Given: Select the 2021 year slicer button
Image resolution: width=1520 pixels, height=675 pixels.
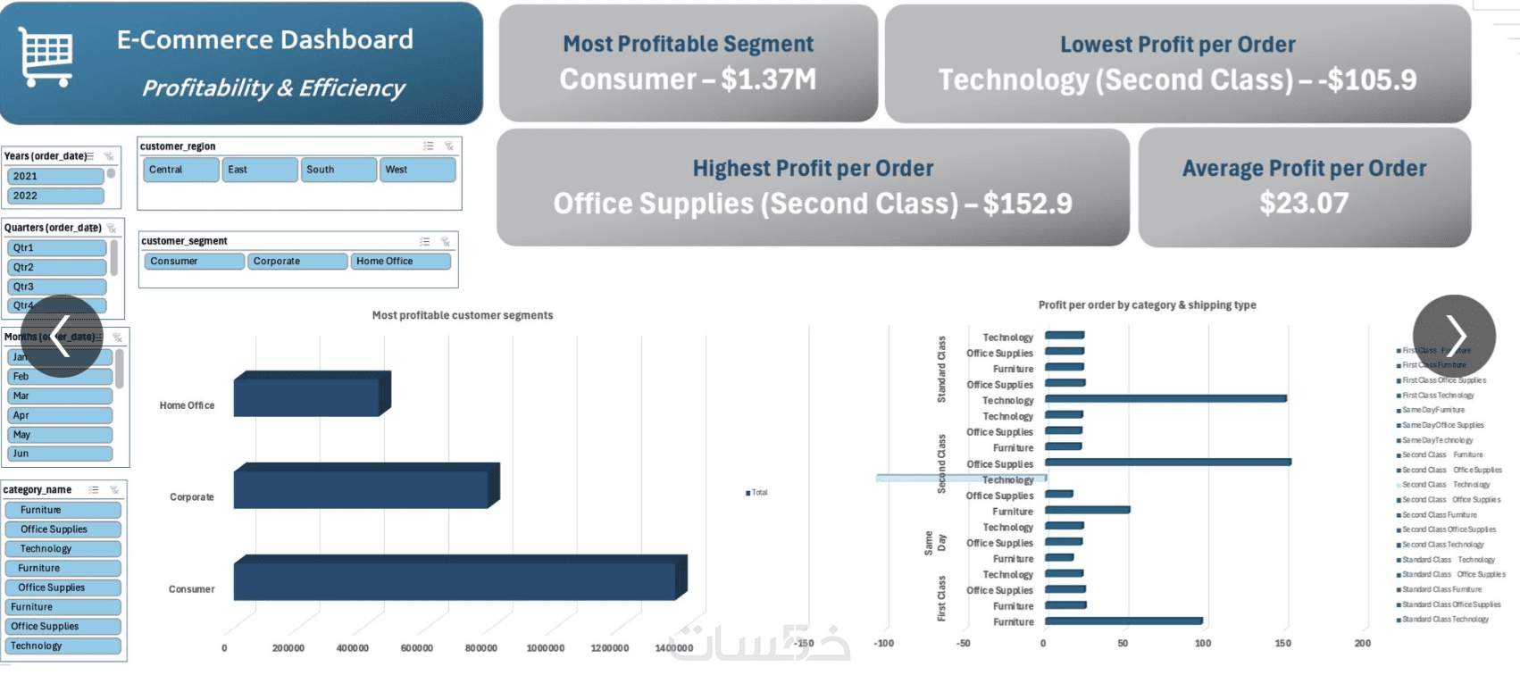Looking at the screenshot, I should click(x=55, y=176).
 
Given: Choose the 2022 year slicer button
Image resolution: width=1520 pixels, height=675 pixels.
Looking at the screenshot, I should click(x=55, y=196).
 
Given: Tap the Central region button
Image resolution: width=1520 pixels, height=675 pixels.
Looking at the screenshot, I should click(x=181, y=170).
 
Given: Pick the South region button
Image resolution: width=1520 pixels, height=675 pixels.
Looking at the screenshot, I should click(x=338, y=170).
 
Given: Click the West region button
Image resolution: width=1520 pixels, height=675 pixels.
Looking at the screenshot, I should click(x=417, y=170).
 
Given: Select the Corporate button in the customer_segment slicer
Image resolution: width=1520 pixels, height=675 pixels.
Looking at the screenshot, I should click(x=297, y=262).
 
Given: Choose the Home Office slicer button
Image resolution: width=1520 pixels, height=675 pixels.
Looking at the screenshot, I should click(x=400, y=262).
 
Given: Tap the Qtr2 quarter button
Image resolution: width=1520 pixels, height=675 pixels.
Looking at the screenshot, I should click(x=57, y=267).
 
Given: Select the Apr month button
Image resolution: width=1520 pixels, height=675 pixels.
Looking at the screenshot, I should click(x=60, y=415).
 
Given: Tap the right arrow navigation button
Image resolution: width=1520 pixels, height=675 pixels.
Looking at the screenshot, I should click(x=1453, y=337).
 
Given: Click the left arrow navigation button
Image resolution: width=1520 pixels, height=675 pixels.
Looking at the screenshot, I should click(x=62, y=337).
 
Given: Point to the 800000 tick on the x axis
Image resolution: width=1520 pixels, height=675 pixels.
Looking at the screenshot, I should click(x=480, y=648).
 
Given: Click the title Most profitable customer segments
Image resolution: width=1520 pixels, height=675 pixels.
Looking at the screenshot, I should click(x=462, y=315).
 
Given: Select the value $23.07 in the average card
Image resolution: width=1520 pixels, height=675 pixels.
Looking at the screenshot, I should click(x=1304, y=204).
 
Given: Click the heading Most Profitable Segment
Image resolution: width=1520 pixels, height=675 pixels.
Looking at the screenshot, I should click(x=688, y=44).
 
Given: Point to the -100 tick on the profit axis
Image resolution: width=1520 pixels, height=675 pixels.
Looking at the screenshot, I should click(x=883, y=643).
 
